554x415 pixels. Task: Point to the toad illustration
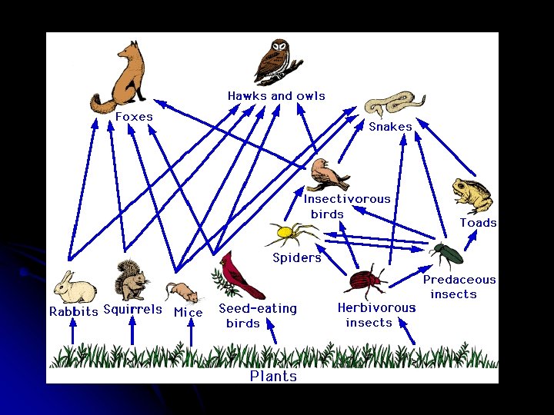pos(472,196)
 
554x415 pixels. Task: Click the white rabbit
pos(75,288)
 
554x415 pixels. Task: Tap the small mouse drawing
pos(182,292)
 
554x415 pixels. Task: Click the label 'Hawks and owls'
pos(276,96)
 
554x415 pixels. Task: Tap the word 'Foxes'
pos(134,117)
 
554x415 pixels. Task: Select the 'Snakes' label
pos(390,127)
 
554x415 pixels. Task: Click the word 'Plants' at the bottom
pos(273,376)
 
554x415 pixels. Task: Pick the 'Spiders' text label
pos(297,258)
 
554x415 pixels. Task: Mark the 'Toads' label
pos(478,223)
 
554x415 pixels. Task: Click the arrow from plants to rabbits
pos(73,332)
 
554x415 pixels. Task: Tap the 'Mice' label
pos(189,313)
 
